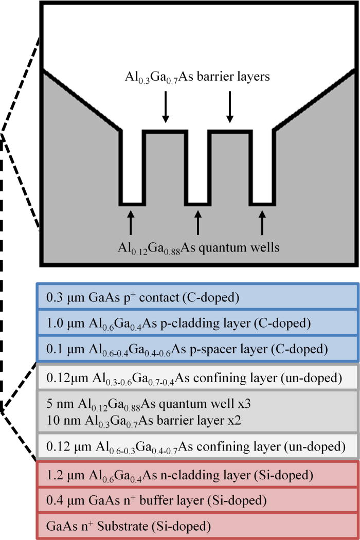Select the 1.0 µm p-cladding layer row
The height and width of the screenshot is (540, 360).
point(197,323)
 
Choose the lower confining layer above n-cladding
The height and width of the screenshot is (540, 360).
point(197,445)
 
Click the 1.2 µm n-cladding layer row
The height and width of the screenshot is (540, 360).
point(197,474)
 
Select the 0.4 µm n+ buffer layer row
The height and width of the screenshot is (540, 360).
point(197,499)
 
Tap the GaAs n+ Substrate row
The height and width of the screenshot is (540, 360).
point(197,525)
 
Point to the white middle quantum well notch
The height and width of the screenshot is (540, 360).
point(197,170)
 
